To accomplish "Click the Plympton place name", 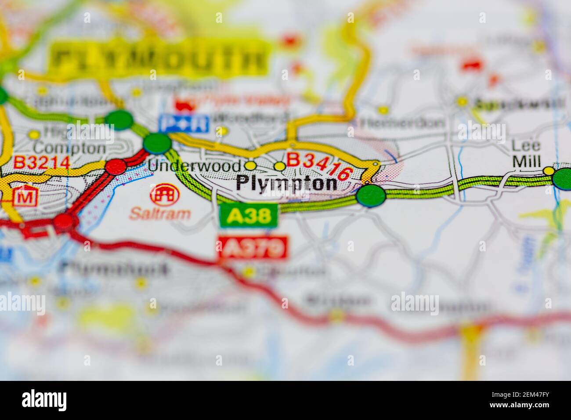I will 286,183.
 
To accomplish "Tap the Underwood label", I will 195,166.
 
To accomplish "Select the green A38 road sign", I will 249,215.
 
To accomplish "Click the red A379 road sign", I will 252,248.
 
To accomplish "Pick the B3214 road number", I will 41,163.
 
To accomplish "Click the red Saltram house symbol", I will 165,195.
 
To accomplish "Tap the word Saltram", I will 160,214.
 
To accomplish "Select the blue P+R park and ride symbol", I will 184,123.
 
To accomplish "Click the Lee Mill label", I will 526,153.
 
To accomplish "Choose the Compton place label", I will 70,148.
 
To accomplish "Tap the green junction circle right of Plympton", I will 371,196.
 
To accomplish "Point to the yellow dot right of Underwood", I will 250,166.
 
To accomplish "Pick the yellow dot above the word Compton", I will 34,134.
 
